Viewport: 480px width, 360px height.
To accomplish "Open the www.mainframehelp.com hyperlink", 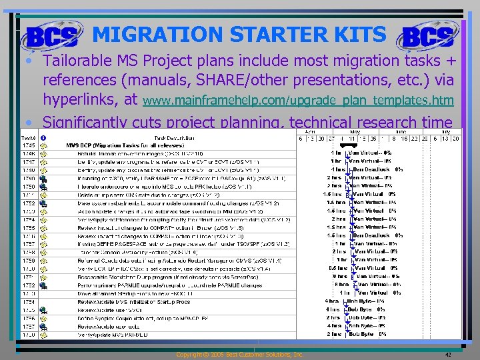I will coord(299,101).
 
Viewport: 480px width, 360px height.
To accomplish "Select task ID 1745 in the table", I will coord(28,145).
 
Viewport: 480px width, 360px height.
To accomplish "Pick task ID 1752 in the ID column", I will coord(28,203).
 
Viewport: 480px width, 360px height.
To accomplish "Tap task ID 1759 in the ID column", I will coord(28,260).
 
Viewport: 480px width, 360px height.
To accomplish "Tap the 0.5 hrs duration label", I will coord(338,268).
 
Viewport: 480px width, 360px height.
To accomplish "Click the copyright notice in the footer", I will coord(239,355).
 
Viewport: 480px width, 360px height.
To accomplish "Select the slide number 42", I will coord(448,355).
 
